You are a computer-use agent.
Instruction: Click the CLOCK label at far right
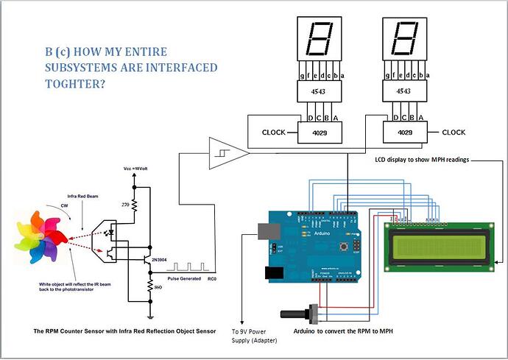tap(454, 133)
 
